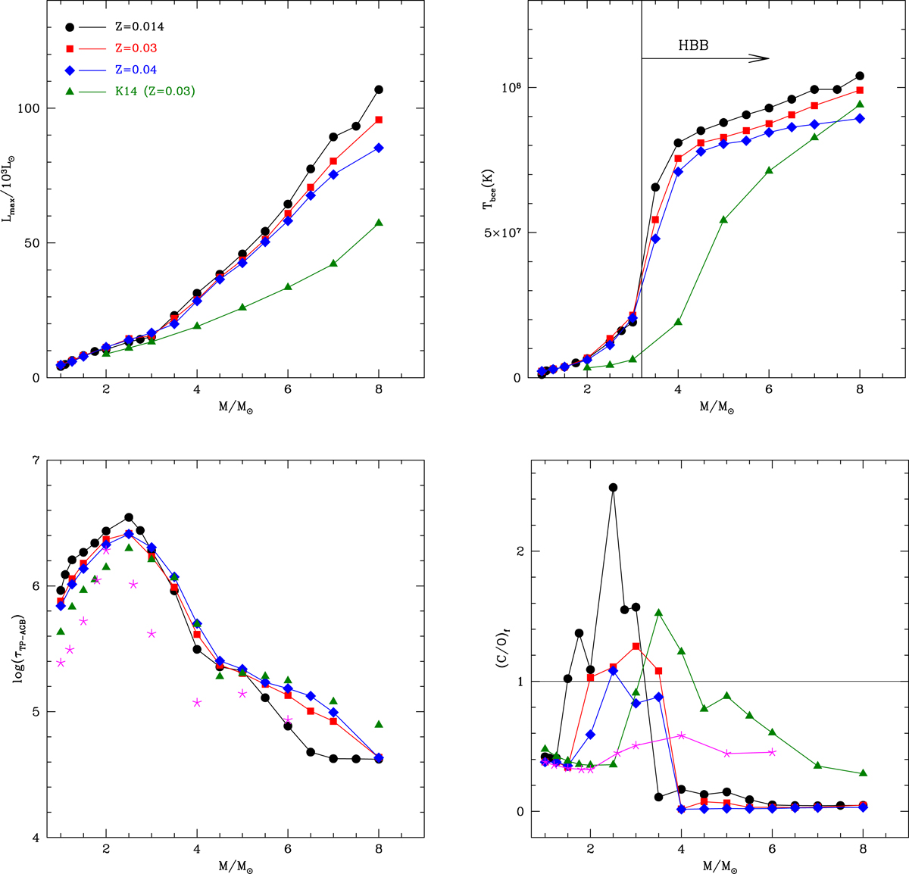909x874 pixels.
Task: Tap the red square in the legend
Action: (x=70, y=48)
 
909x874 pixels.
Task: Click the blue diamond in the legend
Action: (x=70, y=70)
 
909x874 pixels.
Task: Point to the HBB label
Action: (x=693, y=45)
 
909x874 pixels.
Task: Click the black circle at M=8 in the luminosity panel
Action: (x=379, y=89)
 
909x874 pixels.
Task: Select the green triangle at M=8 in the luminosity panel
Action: (x=379, y=223)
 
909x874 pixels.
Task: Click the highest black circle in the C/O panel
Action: (x=613, y=488)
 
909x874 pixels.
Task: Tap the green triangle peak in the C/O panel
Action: (x=659, y=613)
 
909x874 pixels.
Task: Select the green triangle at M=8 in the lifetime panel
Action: (x=379, y=725)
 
